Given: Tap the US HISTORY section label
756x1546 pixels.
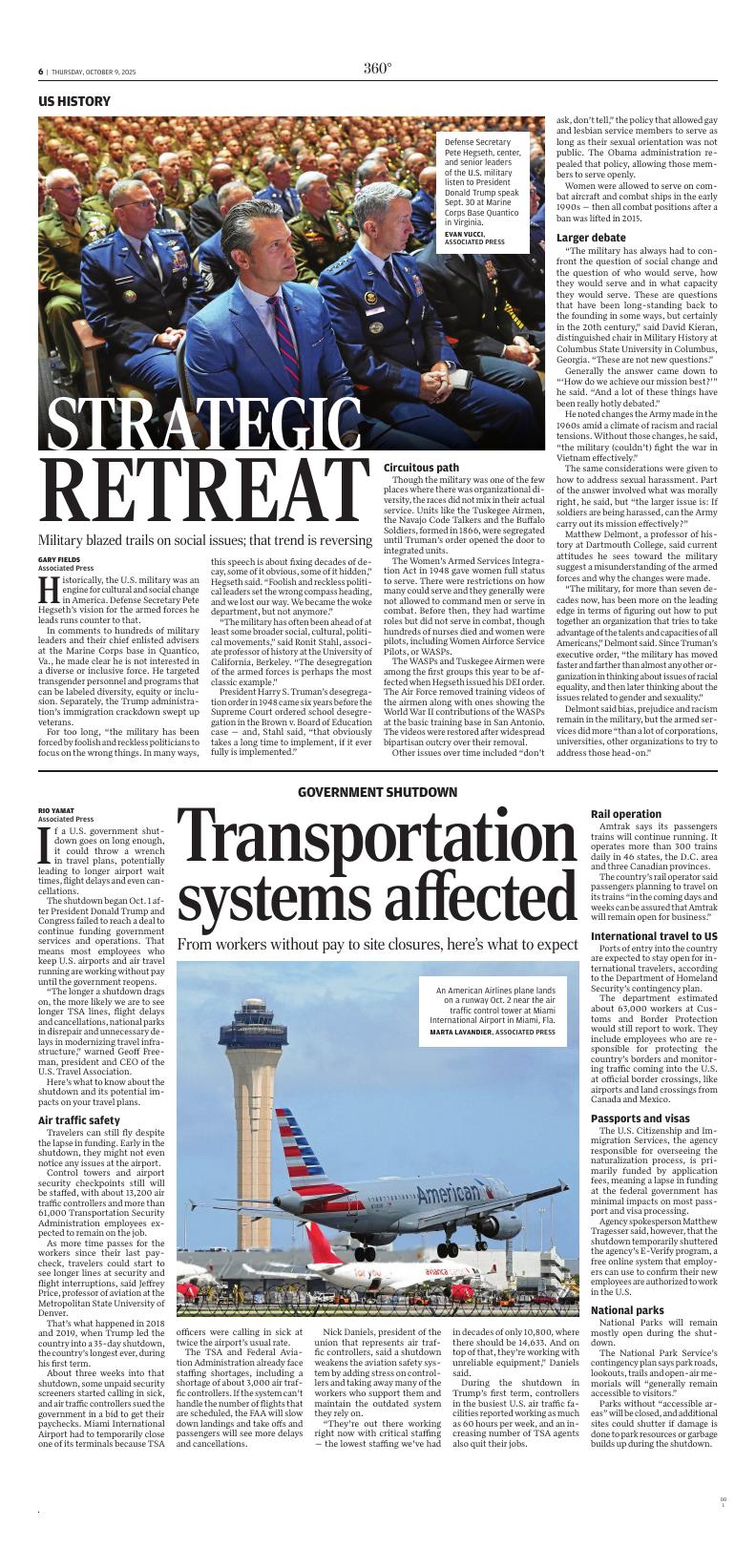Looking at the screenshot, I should click(x=74, y=101).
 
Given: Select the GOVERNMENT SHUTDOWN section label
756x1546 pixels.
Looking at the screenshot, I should click(x=377, y=792).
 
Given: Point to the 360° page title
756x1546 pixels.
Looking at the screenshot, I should click(x=377, y=68).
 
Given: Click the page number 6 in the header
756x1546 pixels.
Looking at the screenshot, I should click(x=41, y=72).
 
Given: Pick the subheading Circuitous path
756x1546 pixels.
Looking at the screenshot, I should click(x=421, y=468).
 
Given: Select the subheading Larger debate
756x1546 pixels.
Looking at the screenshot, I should click(x=591, y=237).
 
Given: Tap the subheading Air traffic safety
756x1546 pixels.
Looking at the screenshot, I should click(x=79, y=1120).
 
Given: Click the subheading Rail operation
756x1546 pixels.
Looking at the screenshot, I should click(x=626, y=814).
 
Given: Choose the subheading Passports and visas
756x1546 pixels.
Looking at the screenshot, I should click(x=640, y=1118).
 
